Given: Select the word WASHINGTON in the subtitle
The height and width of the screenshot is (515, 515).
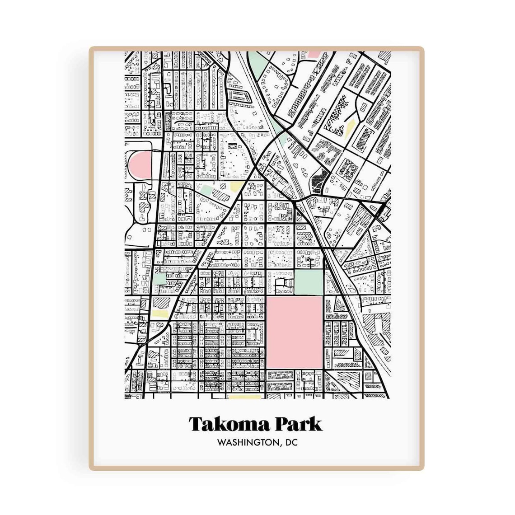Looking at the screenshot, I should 246,442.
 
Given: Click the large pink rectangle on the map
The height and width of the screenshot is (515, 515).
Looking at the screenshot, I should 295,332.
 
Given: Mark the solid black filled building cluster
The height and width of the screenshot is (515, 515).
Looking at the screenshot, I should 320,180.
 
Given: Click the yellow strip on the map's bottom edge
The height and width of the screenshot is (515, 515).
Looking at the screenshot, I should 245,397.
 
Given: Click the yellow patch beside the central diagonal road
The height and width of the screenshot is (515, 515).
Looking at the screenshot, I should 236,187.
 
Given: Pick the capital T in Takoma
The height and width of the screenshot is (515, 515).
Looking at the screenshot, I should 195,424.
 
